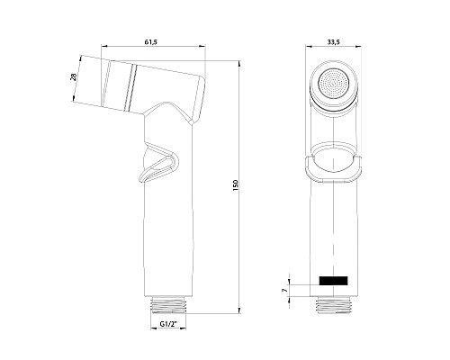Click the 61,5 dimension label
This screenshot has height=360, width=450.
click(x=151, y=41)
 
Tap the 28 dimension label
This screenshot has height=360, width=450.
click(x=73, y=76)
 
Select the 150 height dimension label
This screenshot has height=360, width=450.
click(x=235, y=185)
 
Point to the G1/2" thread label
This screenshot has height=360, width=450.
click(x=168, y=324)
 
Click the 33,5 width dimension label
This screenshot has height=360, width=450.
click(x=333, y=42)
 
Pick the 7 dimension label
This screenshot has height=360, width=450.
click(x=284, y=291)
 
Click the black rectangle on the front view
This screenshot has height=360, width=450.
click(x=333, y=281)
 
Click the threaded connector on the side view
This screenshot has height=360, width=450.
click(x=168, y=305)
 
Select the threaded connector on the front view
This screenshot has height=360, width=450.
click(x=333, y=305)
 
